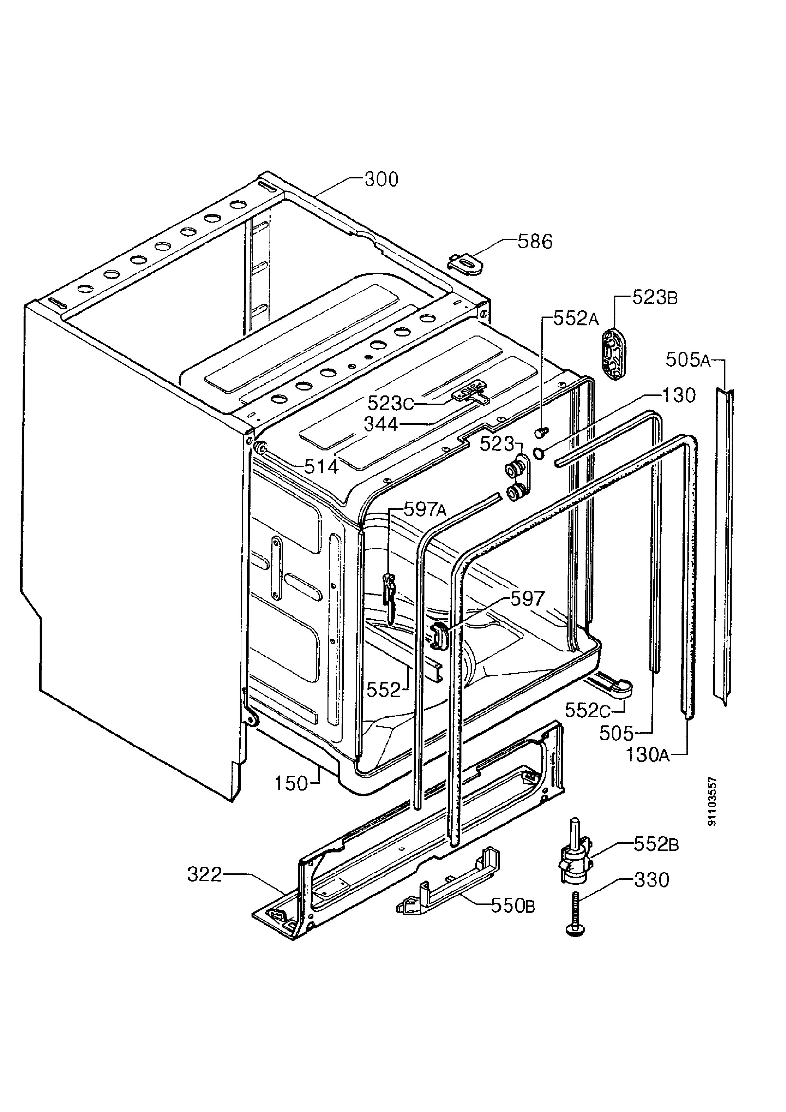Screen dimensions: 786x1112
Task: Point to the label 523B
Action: tap(655, 298)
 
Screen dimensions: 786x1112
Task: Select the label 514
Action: tap(321, 466)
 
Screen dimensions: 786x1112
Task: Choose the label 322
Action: tap(204, 875)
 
